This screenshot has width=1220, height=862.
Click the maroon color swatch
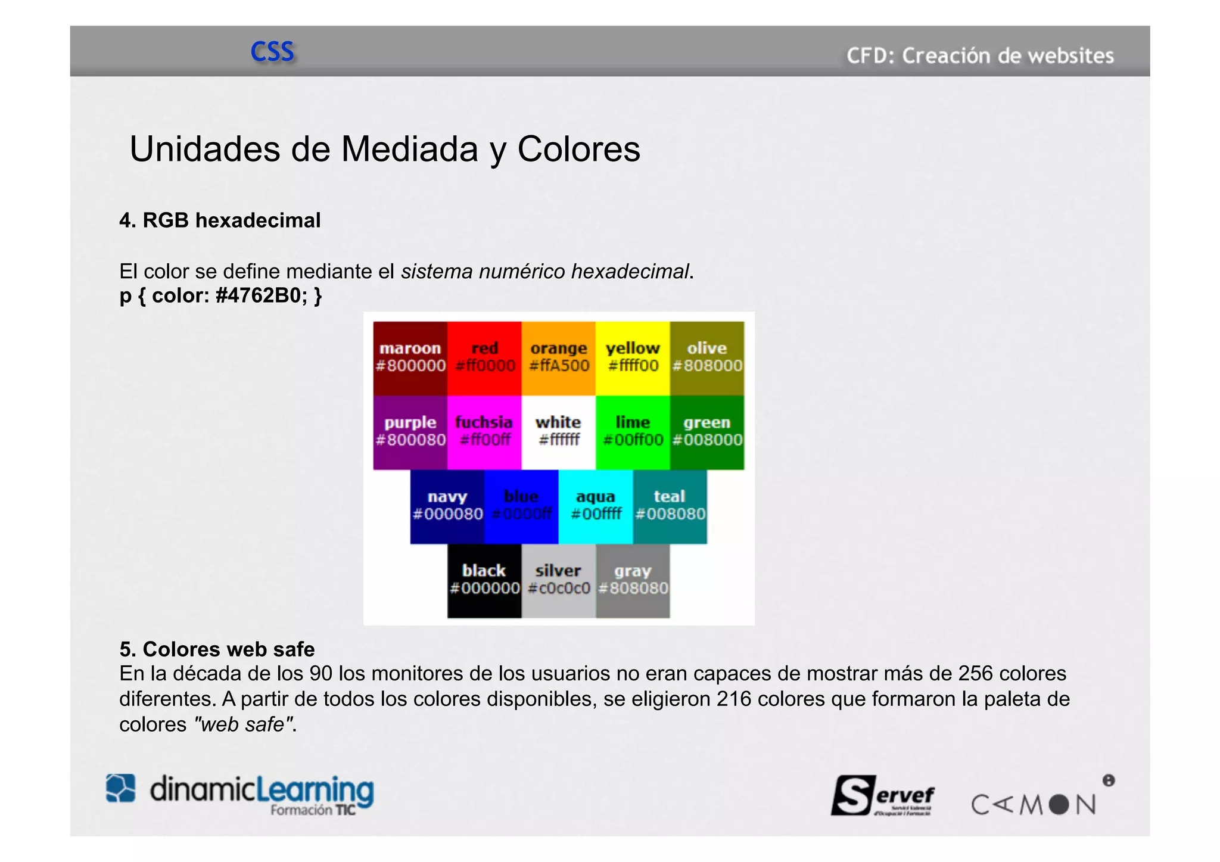pyautogui.click(x=410, y=358)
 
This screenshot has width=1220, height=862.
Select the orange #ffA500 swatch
pyautogui.click(x=558, y=358)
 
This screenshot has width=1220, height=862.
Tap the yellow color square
pyautogui.click(x=633, y=358)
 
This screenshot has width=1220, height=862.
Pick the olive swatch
pyautogui.click(x=707, y=358)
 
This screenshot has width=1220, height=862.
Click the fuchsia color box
pyautogui.click(x=484, y=432)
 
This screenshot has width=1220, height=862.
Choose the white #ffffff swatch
pyautogui.click(x=558, y=432)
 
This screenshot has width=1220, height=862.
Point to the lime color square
pyautogui.click(x=633, y=432)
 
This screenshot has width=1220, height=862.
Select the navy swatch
pyautogui.click(x=447, y=506)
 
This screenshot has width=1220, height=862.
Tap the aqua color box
pyautogui.click(x=596, y=506)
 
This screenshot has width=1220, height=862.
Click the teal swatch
pyautogui.click(x=670, y=506)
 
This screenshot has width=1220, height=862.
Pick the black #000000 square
pyautogui.click(x=484, y=581)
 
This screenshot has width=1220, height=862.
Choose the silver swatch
pyautogui.click(x=558, y=581)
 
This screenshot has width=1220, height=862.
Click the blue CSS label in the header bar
pyautogui.click(x=272, y=52)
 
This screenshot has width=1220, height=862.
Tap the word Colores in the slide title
pyautogui.click(x=578, y=149)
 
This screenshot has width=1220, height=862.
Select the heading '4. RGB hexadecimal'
pyautogui.click(x=220, y=220)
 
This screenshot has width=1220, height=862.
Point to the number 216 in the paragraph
pyautogui.click(x=733, y=699)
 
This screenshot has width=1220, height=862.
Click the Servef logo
pyautogui.click(x=882, y=795)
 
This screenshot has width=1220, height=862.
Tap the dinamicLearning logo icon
pyautogui.click(x=121, y=788)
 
